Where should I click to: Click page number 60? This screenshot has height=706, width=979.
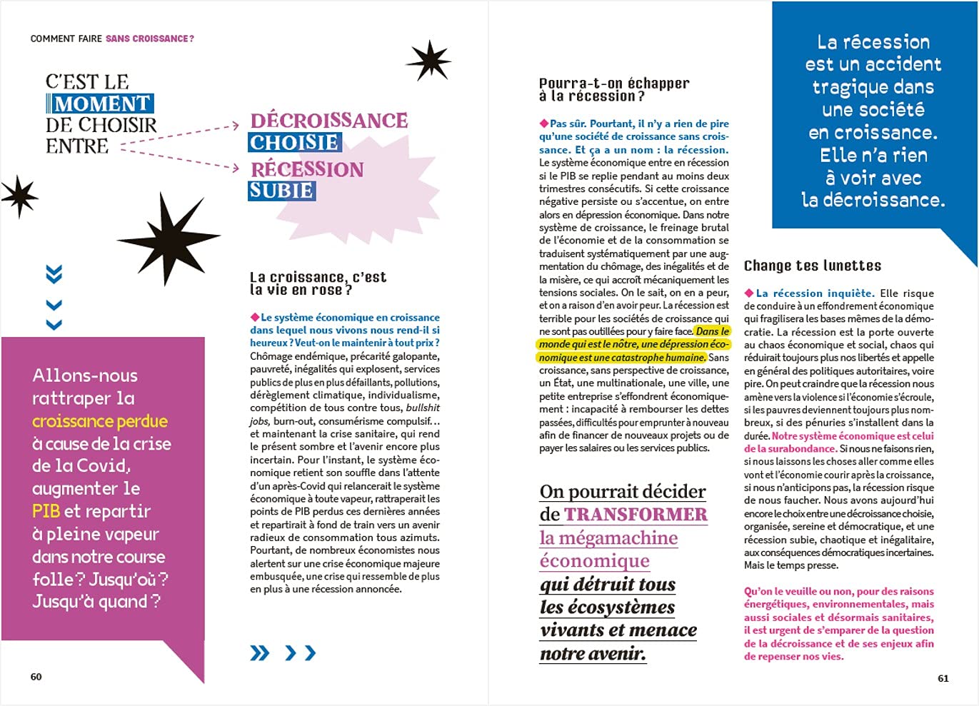tap(36, 677)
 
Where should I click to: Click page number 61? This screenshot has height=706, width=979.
tap(943, 678)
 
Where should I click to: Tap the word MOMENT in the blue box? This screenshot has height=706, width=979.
tap(102, 104)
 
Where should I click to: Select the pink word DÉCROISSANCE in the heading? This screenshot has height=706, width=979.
tap(328, 120)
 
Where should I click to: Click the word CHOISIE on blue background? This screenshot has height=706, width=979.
tap(294, 143)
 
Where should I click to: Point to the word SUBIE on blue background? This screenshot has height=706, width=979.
tap(281, 191)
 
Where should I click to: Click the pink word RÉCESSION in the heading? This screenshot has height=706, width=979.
tap(307, 169)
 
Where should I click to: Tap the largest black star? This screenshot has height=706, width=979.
tap(168, 238)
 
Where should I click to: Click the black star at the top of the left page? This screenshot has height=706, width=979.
tap(429, 60)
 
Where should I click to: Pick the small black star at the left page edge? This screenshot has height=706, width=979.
tap(19, 196)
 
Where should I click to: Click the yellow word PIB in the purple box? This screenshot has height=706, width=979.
tap(46, 511)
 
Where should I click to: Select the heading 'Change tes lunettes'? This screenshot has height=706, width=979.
tap(812, 266)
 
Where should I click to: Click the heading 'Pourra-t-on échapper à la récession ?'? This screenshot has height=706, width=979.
tap(613, 90)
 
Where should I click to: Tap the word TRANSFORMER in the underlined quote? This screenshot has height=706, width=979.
tap(635, 515)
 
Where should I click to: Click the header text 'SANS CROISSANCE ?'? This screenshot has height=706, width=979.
tap(149, 39)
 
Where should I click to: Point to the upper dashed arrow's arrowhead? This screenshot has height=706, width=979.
tap(235, 126)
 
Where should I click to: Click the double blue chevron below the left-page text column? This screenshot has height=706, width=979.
tap(260, 652)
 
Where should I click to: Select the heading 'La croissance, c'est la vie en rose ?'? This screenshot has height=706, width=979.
tap(317, 283)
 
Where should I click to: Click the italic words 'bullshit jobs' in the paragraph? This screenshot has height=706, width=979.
tap(422, 408)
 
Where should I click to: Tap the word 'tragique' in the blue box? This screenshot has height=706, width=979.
tap(873, 87)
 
